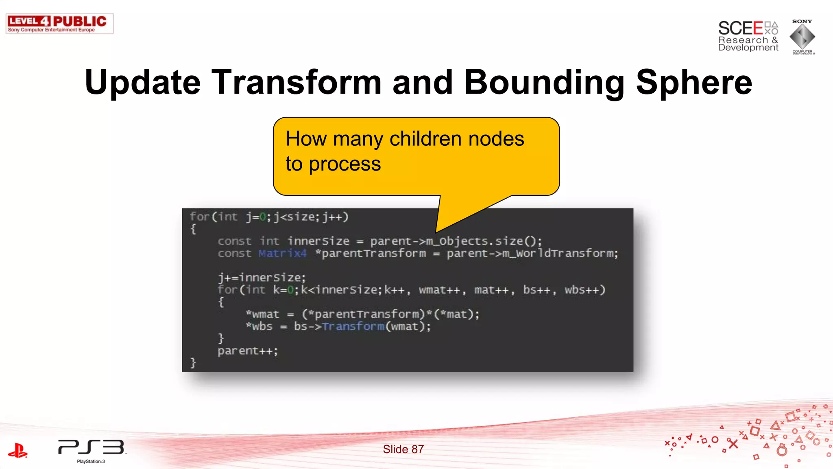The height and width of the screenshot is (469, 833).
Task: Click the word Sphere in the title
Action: tap(694, 82)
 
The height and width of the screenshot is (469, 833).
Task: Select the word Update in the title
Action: tap(142, 82)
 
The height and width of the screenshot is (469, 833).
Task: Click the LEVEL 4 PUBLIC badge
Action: tap(59, 24)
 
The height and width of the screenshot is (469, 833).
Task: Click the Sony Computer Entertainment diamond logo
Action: tap(802, 37)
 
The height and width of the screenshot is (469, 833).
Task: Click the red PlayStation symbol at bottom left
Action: tap(18, 451)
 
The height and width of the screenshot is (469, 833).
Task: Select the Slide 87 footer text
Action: tap(403, 449)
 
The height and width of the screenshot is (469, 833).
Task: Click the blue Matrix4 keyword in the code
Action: tap(282, 253)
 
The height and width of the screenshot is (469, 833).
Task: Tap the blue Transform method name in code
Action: tap(353, 327)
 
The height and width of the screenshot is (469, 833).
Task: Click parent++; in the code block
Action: tap(247, 351)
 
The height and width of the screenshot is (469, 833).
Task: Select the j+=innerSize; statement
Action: tap(262, 278)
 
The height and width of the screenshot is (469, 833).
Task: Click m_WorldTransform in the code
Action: tap(560, 253)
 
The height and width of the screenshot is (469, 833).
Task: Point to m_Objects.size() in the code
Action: tap(483, 241)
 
